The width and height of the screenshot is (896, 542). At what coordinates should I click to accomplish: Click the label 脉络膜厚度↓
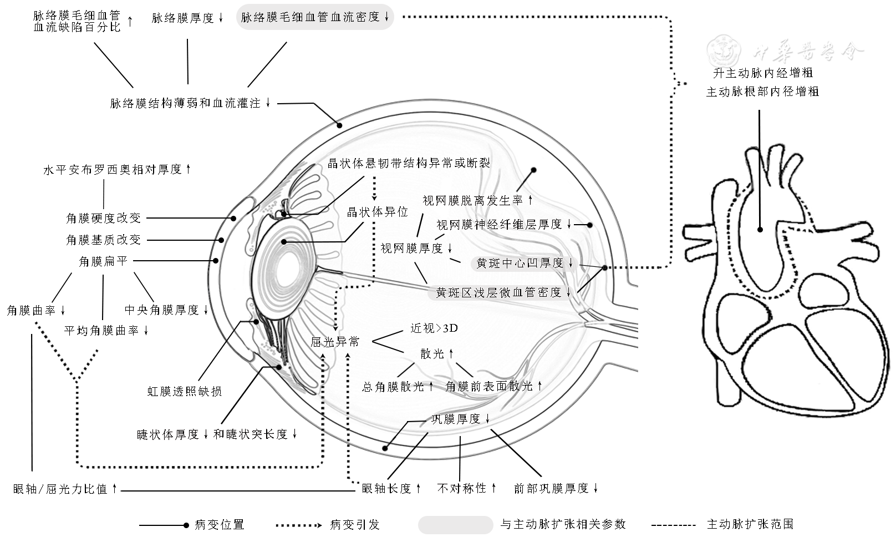click(x=187, y=18)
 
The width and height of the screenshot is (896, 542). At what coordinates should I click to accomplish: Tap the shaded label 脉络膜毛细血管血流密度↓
click(x=315, y=17)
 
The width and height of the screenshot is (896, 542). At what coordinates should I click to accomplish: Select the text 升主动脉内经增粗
click(x=762, y=73)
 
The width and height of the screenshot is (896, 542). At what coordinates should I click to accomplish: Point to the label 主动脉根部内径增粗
click(x=762, y=92)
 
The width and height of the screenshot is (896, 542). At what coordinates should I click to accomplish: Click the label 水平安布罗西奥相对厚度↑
click(x=117, y=169)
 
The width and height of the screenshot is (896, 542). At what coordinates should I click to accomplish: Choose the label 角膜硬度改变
click(x=104, y=218)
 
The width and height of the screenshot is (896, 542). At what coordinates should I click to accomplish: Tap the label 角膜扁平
click(x=103, y=261)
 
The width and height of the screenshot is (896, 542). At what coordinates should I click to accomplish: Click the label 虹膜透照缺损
click(x=185, y=391)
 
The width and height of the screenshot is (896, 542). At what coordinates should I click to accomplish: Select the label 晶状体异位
click(x=377, y=212)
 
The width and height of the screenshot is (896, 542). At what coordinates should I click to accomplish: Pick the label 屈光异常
click(x=335, y=342)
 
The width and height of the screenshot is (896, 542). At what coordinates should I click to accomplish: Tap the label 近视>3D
click(x=434, y=328)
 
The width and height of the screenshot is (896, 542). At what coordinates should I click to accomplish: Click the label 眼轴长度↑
click(x=391, y=488)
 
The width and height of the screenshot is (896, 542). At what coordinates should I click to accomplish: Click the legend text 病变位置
click(x=220, y=524)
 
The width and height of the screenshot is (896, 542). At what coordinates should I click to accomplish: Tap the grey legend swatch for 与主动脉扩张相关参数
click(x=455, y=524)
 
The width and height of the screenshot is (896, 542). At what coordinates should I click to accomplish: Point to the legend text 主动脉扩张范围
click(x=750, y=524)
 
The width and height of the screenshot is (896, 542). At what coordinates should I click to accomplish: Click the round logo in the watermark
click(x=725, y=51)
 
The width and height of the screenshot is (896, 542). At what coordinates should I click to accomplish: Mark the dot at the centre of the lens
click(x=284, y=241)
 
